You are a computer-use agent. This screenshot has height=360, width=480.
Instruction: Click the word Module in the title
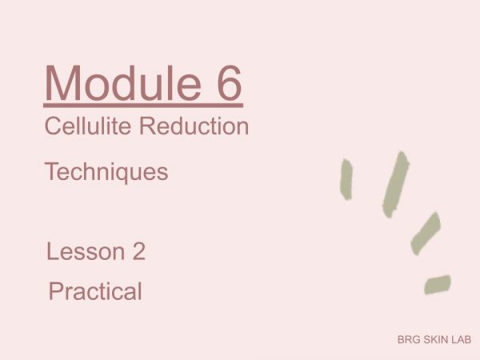(123, 82)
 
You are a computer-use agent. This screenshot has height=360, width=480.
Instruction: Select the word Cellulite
(88, 126)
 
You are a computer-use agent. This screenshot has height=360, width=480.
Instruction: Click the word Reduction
(194, 126)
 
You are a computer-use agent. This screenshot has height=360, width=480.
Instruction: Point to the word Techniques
(106, 173)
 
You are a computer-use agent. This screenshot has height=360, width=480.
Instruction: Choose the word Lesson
(86, 252)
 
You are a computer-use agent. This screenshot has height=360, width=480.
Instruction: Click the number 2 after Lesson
(139, 252)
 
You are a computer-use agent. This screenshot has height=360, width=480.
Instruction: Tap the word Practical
(95, 291)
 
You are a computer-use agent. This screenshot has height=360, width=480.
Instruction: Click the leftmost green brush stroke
(346, 179)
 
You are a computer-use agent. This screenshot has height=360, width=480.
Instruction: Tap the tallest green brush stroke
(396, 185)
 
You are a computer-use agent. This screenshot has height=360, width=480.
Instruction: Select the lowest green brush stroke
(438, 285)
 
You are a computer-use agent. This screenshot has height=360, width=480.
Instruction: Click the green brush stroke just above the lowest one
(426, 234)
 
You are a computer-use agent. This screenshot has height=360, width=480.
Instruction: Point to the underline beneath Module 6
(143, 106)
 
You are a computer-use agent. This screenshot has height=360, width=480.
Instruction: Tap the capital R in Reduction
(149, 126)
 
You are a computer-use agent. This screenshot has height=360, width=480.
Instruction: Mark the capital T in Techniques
(53, 171)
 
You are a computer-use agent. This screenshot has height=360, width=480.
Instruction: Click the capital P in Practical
(57, 291)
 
